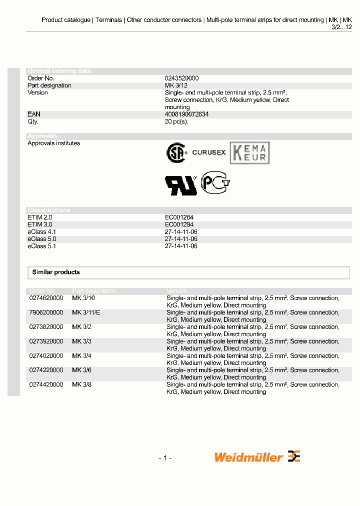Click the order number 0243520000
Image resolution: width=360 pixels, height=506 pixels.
pos(181,78)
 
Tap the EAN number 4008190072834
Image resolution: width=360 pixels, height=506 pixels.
pos(186,114)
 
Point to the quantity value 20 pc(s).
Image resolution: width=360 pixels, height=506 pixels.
pos(176,121)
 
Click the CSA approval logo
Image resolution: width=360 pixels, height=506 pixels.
pos(176,153)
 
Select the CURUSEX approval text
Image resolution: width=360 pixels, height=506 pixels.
pos(209,152)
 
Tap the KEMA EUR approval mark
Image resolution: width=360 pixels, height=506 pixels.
pos(249,153)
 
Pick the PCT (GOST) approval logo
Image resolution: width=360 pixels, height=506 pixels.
pos(215,183)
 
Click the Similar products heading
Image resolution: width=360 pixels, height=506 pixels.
pos(56,272)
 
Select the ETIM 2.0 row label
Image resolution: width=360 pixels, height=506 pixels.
pos(39,217)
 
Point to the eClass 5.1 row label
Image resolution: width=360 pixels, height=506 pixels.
pos(41,246)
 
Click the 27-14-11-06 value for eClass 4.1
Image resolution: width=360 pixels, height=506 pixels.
pos(181,232)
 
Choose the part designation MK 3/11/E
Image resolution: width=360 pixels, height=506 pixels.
pos(86,312)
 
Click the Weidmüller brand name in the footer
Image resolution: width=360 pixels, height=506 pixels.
pos(248,457)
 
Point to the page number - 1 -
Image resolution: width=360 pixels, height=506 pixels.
pos(165,458)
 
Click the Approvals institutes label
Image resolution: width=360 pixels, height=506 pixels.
pos(53,143)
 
